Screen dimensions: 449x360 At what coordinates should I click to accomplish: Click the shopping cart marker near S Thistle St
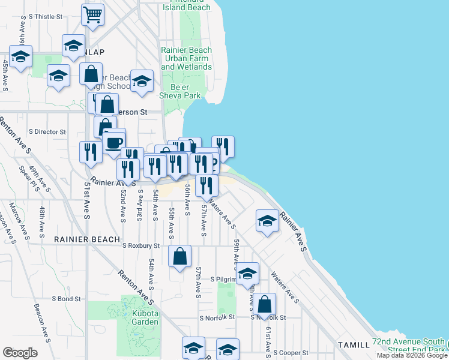click(92, 14)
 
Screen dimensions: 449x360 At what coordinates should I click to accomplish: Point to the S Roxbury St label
click(141, 245)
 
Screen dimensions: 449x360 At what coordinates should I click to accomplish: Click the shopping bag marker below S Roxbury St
click(180, 257)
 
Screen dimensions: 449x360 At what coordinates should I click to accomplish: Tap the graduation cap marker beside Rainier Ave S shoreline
click(267, 221)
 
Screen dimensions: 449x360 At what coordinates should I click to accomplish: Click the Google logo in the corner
click(20, 353)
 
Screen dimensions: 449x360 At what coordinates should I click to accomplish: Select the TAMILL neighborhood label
click(354, 345)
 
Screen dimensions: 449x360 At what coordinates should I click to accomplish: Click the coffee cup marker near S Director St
click(113, 143)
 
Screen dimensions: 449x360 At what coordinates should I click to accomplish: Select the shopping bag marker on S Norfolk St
click(264, 305)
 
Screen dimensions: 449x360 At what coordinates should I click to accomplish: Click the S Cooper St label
click(291, 353)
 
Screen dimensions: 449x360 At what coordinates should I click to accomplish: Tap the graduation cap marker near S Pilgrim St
click(247, 274)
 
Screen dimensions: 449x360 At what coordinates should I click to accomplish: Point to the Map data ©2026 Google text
click(411, 355)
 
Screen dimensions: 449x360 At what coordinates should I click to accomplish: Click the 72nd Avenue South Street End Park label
click(409, 345)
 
